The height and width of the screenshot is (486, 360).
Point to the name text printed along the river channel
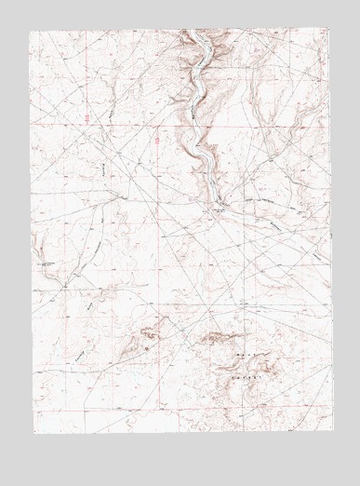point(195,102)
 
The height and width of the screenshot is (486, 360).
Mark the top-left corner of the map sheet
point(29,31)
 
